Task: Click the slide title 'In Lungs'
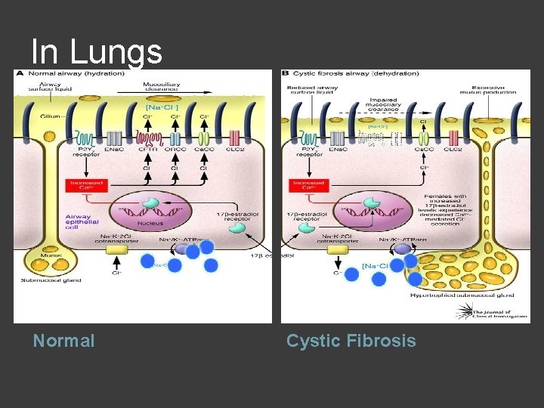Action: pos(97,52)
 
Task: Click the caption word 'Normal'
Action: pos(64,341)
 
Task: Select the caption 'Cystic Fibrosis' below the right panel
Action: pos(351,341)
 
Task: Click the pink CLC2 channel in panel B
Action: pos(454,138)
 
